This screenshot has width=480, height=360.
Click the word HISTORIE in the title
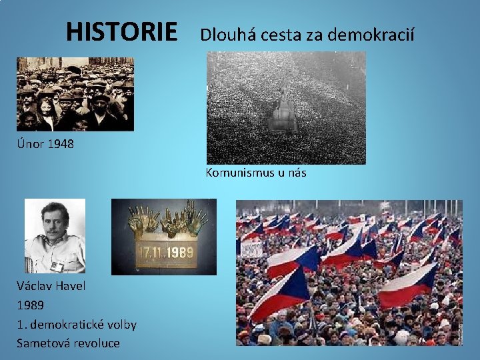(x=122, y=31)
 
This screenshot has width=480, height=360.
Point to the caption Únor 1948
(x=45, y=143)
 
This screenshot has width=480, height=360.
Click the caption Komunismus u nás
(x=256, y=173)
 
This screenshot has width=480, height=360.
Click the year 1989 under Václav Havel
(x=31, y=305)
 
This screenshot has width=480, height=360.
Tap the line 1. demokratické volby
(x=77, y=325)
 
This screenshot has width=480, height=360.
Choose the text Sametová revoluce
(x=69, y=343)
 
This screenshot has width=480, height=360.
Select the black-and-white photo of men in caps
(x=75, y=93)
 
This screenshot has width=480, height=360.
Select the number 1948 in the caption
(x=61, y=143)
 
